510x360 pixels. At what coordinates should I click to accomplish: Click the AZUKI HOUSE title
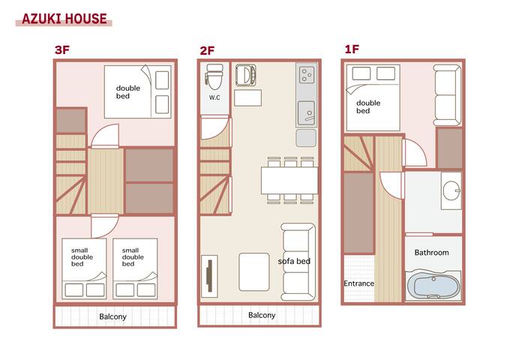click(x=64, y=19)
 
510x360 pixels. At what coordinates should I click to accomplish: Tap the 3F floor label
click(x=62, y=51)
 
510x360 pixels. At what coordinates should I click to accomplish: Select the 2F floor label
click(x=207, y=51)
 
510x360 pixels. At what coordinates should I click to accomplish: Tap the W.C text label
click(x=214, y=98)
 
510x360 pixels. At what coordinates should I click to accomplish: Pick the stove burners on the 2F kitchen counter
click(x=307, y=75)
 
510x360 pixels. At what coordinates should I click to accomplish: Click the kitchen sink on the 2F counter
click(x=306, y=113)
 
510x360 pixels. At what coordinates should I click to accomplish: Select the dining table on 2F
click(x=288, y=180)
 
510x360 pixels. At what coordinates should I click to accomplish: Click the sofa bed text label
click(x=294, y=261)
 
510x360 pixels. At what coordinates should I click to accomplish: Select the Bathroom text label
click(x=431, y=253)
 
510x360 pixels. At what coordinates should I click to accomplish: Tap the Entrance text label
click(x=358, y=283)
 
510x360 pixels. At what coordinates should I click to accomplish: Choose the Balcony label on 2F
click(x=262, y=316)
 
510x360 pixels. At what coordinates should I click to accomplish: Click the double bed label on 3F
click(x=127, y=92)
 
